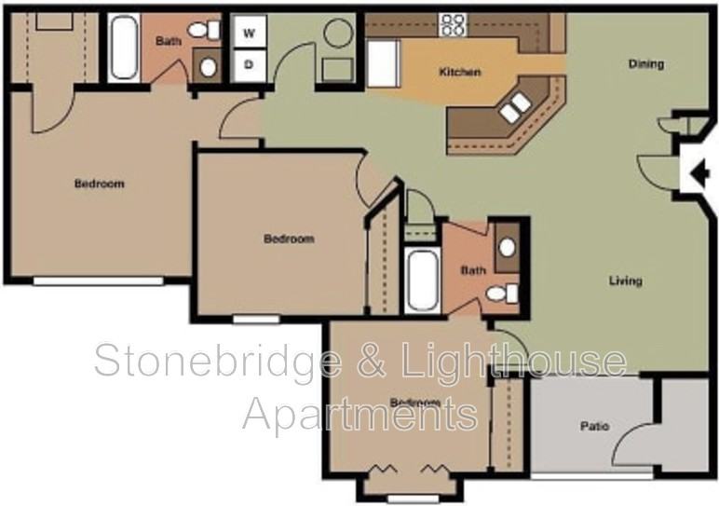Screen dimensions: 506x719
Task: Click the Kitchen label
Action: tap(460, 72)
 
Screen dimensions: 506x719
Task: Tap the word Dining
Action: tap(645, 64)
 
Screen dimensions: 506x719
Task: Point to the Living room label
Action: tap(625, 280)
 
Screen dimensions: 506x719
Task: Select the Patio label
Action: tap(594, 427)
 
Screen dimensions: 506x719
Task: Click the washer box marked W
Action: tap(249, 33)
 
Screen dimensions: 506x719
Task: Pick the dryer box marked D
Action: tap(249, 64)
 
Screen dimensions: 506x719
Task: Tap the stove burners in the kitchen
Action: tap(453, 24)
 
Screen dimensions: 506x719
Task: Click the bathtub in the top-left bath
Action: tap(123, 47)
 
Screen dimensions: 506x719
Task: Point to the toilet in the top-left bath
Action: tap(205, 32)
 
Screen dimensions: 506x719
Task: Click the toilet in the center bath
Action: tap(504, 294)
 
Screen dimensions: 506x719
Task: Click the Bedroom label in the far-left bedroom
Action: tap(99, 184)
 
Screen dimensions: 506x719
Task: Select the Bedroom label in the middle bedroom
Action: tap(289, 239)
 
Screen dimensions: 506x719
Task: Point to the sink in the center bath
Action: tap(507, 248)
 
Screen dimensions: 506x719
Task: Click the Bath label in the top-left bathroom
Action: tap(168, 41)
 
